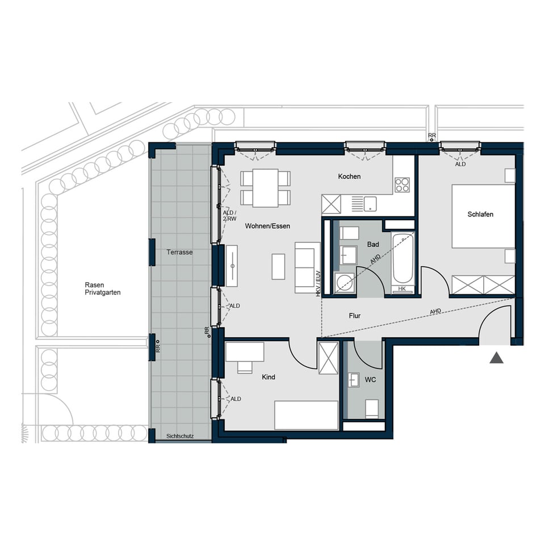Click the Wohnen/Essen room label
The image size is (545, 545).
[267, 226]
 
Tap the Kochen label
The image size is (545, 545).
[349, 177]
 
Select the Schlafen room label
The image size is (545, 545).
[480, 214]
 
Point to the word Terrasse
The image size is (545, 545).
[179, 252]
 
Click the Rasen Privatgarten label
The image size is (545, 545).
[103, 289]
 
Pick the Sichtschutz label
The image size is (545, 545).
[180, 437]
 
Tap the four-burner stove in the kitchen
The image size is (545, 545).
[403, 185]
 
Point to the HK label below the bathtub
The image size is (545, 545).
[403, 290]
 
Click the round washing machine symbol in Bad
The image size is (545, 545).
[344, 282]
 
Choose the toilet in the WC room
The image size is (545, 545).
[372, 408]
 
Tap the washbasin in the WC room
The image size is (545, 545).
[354, 379]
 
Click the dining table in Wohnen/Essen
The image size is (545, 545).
[265, 188]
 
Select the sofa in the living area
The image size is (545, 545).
[307, 267]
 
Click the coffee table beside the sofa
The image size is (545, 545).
[278, 267]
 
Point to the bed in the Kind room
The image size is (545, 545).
[306, 415]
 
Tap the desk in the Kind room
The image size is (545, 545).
[245, 351]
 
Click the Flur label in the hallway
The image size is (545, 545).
[355, 316]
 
